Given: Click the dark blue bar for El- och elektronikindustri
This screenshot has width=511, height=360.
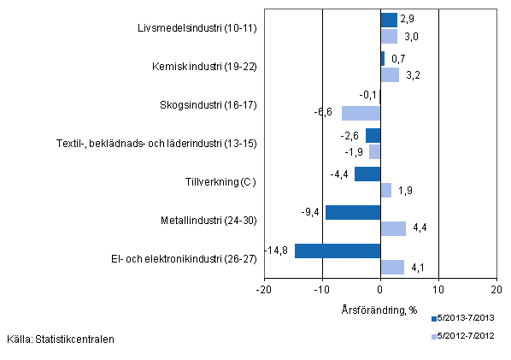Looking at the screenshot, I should tap(338, 251).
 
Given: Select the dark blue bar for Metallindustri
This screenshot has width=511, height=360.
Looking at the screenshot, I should tap(353, 212).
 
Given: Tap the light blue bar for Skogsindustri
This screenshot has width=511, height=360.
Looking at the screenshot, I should tap(361, 113).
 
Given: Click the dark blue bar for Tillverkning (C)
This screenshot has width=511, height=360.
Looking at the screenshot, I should tap(367, 174).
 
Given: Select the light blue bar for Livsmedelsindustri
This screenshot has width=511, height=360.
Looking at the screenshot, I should tap(389, 37).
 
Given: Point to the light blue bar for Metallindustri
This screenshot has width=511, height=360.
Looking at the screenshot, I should tap(393, 228).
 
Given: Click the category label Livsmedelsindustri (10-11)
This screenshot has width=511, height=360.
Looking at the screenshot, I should tap(197, 28).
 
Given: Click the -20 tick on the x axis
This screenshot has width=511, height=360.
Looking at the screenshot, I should tap(264, 288).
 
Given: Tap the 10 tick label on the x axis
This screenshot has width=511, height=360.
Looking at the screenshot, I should tap(438, 288).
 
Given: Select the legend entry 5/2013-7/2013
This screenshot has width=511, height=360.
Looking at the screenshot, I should tap(467, 317).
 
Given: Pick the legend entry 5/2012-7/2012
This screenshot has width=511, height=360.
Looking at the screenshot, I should tap(467, 335).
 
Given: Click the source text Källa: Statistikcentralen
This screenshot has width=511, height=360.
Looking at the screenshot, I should tap(60, 339).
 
